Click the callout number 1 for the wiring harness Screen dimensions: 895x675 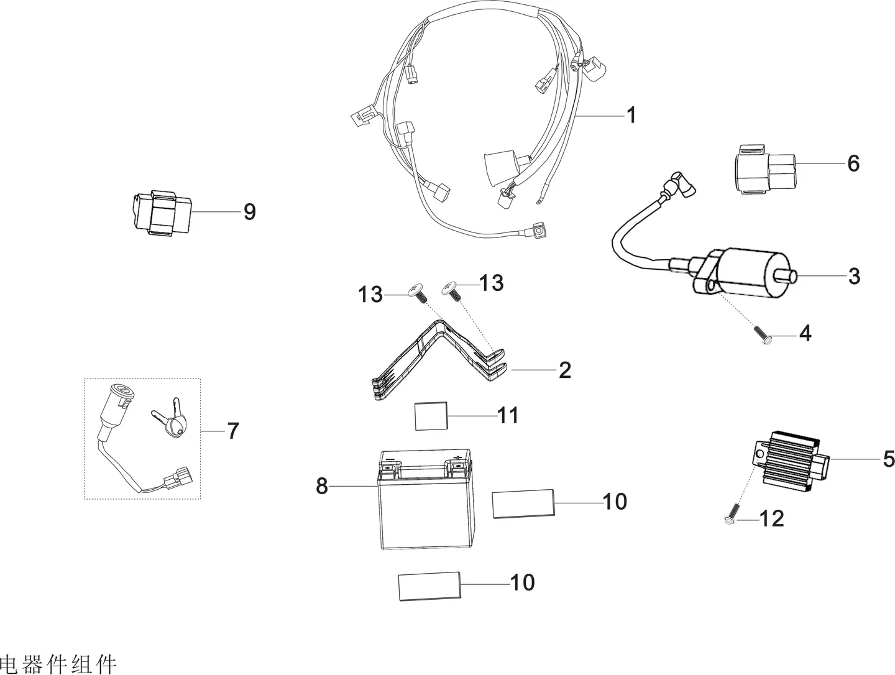click(631, 116)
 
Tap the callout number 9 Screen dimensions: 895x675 click(249, 212)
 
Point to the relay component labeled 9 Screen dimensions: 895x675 click(162, 213)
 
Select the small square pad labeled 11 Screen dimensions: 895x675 click(431, 416)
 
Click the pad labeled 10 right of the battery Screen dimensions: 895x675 click(523, 504)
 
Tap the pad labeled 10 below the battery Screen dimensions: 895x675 click(429, 586)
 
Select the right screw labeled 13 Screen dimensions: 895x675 click(451, 292)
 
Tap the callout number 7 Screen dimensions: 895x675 click(232, 431)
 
